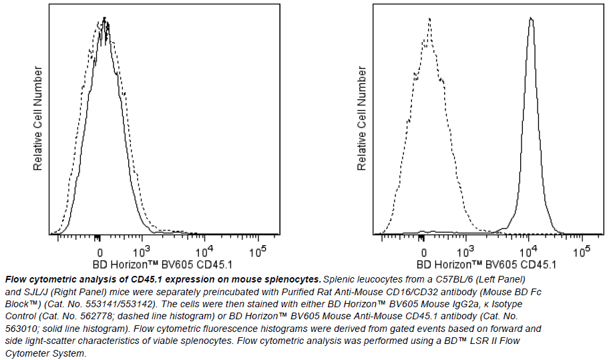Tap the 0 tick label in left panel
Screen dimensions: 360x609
coord(99,252)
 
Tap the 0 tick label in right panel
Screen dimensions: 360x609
coord(424,252)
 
